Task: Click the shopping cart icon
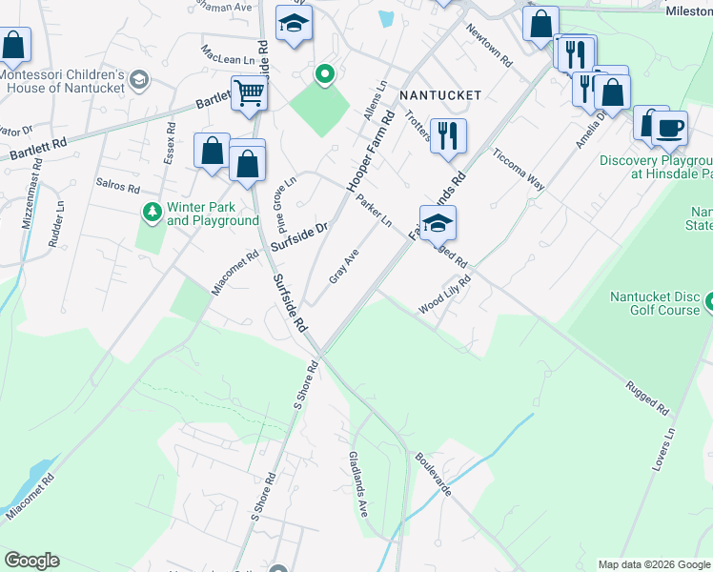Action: coord(249,94)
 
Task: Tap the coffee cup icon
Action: coord(670,127)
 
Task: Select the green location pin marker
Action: coord(324,74)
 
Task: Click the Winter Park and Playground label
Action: coord(213,214)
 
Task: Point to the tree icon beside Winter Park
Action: coord(150,210)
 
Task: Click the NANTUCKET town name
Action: coord(440,95)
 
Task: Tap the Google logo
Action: coord(31,561)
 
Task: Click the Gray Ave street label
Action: coord(343,266)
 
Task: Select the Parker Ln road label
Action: coord(374,211)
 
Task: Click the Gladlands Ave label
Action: coord(358,484)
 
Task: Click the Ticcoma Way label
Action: coord(518,170)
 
